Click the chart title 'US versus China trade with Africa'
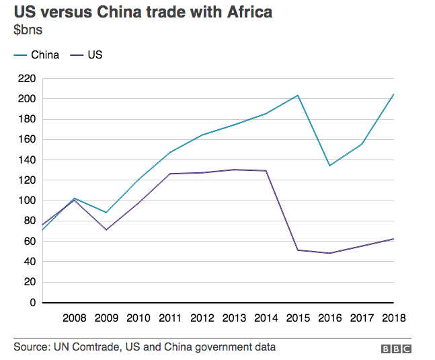coord(143,13)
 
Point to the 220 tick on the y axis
coord(26,79)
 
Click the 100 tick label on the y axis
coord(26,201)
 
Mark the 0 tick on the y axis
coord(32,302)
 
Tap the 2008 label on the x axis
coord(74,317)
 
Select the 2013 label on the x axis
coord(234,317)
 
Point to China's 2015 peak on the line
coord(298,96)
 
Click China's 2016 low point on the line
coord(329,166)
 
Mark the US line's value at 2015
coord(298,250)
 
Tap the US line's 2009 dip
coord(106,230)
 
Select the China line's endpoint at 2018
coord(393,94)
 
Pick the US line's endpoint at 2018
coord(393,239)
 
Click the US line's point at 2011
coord(169,174)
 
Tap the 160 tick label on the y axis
coord(26,140)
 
